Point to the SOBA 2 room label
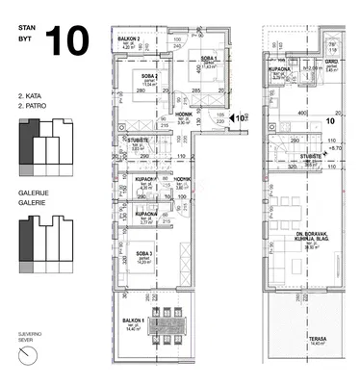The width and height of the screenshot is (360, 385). pos(148,75)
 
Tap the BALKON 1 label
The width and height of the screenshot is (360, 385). pos(132,321)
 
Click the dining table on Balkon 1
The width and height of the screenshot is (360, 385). pos(173,324)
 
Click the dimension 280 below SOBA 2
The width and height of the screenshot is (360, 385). pos(141,91)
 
